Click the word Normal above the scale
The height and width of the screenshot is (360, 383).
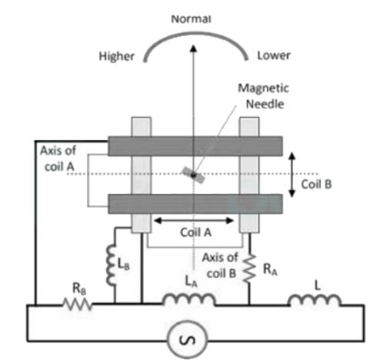coord(191,18)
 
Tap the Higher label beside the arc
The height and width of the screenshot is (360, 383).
coord(117,56)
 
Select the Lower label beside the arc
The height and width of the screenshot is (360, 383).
coord(274,55)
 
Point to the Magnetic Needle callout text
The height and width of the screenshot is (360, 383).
coord(264,96)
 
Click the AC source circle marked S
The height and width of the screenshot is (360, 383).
coord(187,340)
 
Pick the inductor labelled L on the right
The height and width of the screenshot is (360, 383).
coord(315,300)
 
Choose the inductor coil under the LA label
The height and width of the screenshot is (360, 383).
coord(189,299)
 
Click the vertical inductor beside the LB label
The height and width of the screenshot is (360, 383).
coord(112,265)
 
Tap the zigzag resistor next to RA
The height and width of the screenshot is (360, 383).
coord(250,268)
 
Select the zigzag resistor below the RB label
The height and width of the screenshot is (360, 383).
coord(77,305)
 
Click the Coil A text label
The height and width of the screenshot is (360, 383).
coord(196,232)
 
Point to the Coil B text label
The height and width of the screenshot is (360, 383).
coord(316,184)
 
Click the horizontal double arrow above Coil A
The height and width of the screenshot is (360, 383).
coord(194,221)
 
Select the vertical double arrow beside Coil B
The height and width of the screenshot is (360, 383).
coord(292,175)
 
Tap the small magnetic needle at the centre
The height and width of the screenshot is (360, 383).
coord(193,175)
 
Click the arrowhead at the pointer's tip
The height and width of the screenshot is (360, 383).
coord(194,48)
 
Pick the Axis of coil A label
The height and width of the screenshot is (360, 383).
coord(58,158)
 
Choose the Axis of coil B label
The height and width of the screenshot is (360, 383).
coord(220,265)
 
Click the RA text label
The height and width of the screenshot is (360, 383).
coord(270,269)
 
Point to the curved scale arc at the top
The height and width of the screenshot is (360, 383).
coord(195,33)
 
